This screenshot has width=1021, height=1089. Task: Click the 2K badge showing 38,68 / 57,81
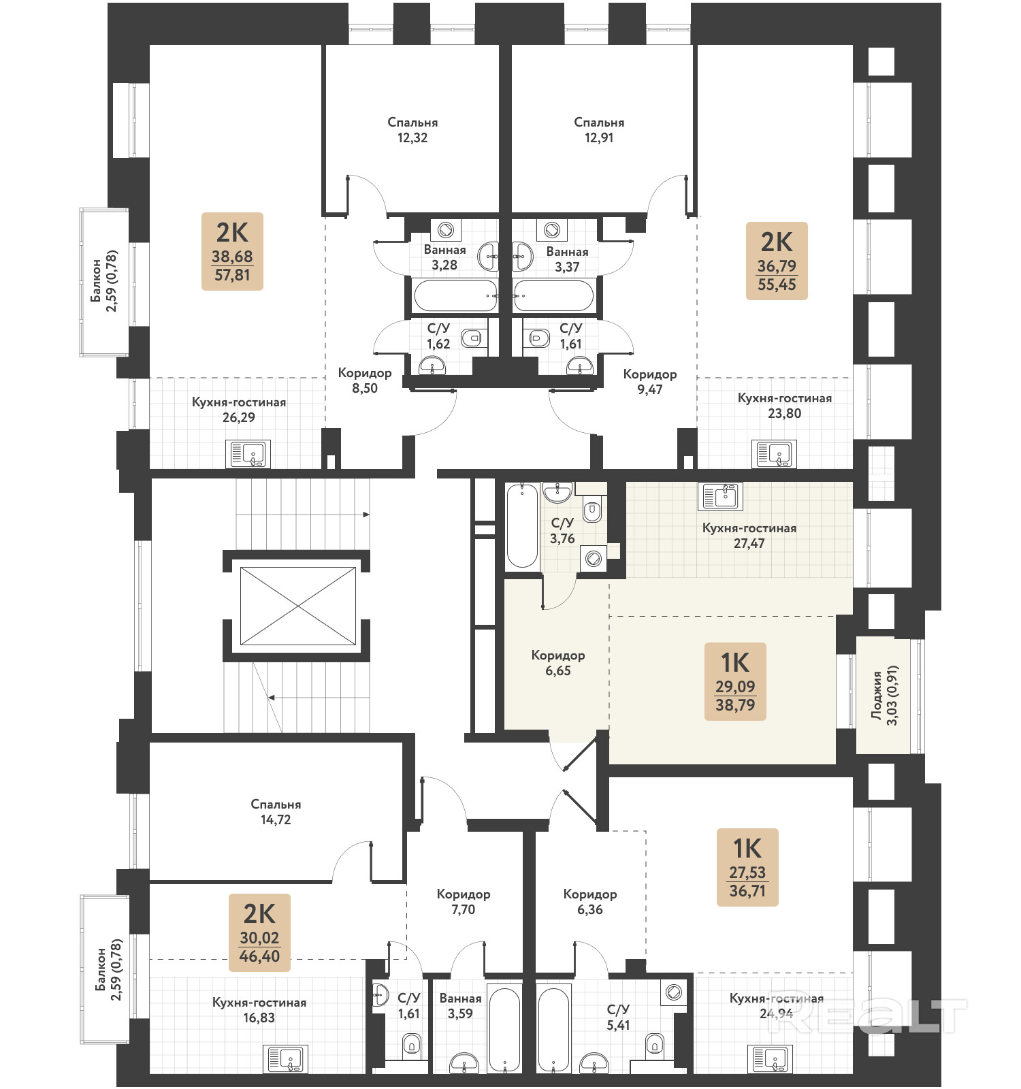(x=232, y=251)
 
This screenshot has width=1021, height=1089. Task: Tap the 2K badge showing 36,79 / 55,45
(x=777, y=261)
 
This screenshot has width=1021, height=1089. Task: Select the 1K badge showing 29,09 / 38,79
(x=735, y=681)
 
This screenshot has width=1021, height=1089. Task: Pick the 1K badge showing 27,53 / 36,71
(x=747, y=867)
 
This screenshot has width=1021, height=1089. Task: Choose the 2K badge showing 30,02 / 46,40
(x=259, y=932)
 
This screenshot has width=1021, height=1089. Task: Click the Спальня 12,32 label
(x=412, y=130)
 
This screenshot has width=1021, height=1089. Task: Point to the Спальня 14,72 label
(x=276, y=812)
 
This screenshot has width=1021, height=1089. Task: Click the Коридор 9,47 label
(x=650, y=382)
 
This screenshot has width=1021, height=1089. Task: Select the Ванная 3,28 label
(x=444, y=257)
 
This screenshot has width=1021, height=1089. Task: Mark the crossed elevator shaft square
(x=298, y=606)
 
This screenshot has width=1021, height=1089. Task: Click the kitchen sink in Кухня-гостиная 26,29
(x=248, y=454)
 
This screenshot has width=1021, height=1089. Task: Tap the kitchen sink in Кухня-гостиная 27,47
(x=720, y=497)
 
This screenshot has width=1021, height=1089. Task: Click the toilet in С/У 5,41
(x=655, y=1043)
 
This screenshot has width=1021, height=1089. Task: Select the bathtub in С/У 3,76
(x=523, y=525)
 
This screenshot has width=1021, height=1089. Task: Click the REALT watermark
(x=868, y=1016)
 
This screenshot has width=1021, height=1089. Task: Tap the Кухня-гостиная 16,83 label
(x=259, y=1010)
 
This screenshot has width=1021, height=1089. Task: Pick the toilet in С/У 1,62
(x=471, y=338)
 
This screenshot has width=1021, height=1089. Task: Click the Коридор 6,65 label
(x=558, y=663)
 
